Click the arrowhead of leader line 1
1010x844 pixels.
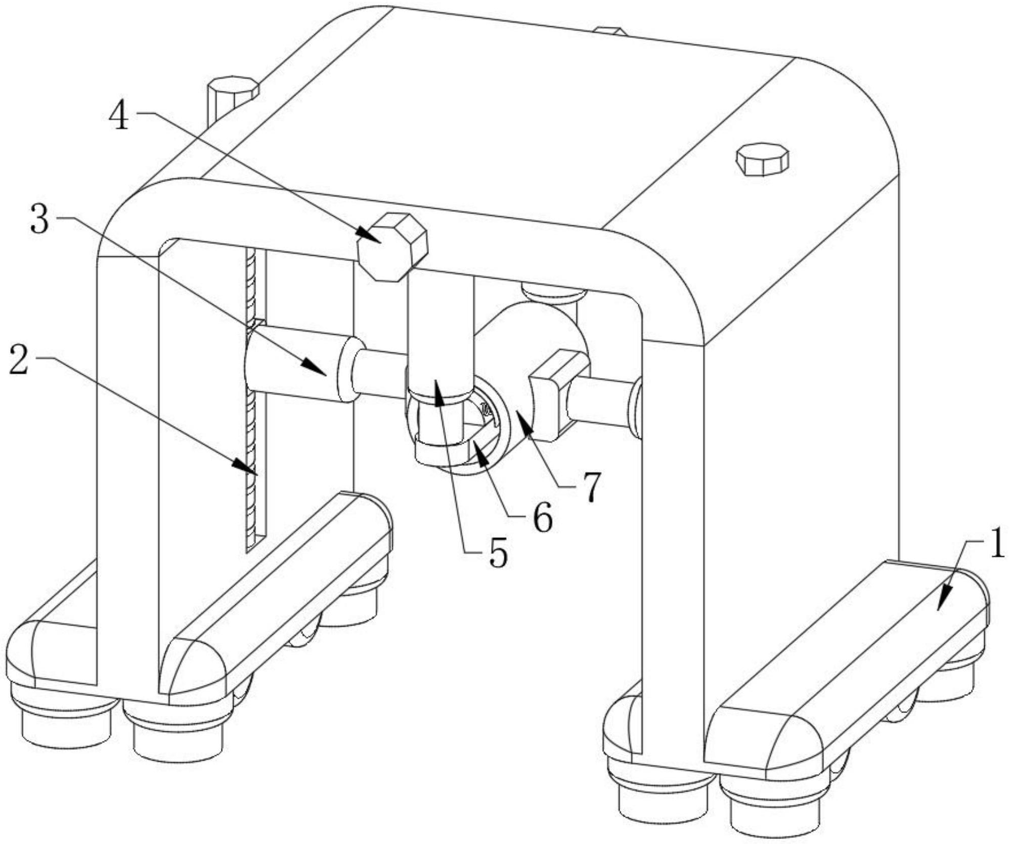pos(941,602)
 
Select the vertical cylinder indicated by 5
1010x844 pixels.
pos(440,339)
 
